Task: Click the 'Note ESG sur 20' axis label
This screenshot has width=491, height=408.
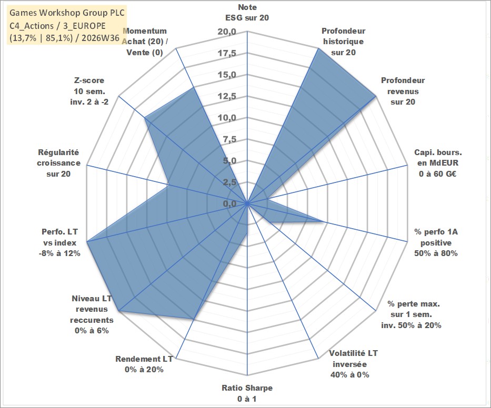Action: [247, 13]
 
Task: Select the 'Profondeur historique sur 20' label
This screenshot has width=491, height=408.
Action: [343, 42]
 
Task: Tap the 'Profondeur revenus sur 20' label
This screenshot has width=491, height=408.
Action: [403, 91]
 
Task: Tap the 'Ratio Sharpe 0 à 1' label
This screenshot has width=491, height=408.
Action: [247, 393]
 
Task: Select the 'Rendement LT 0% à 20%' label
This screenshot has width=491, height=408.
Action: [144, 364]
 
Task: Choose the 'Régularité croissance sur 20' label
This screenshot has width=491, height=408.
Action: [58, 163]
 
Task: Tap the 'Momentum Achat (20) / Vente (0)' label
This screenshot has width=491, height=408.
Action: [145, 42]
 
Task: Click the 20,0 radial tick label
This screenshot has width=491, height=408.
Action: [227, 32]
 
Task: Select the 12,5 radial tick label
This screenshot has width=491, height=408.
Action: [227, 96]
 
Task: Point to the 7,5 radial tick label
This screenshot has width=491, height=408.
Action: [229, 139]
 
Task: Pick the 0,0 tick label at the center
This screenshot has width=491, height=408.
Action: [229, 203]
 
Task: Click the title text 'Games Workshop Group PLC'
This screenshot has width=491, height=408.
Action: [67, 13]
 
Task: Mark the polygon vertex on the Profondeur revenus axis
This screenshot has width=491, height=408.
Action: [375, 96]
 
